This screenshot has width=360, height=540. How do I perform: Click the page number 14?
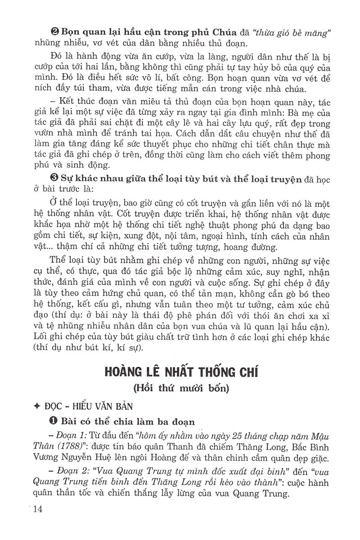35,509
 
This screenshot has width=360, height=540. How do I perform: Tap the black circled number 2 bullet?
54,32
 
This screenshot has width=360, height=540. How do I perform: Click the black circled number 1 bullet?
54,422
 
